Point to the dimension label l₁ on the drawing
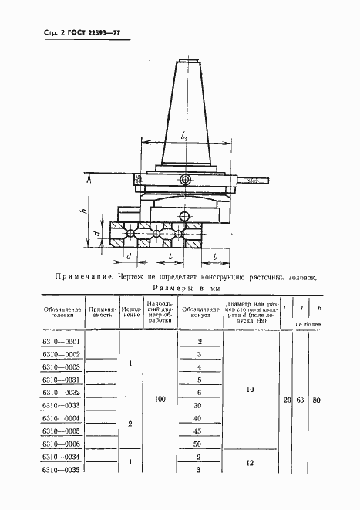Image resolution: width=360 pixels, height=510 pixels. coord(183,137)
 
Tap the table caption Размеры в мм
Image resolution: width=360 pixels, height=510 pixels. coord(180,288)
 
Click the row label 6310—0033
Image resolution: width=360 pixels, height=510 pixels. coord(62,405)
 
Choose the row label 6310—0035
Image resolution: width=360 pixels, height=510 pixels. coord(62,470)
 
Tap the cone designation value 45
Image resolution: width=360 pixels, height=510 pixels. coord(200,431)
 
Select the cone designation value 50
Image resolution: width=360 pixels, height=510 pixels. coord(200,444)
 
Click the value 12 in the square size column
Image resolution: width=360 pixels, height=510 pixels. coord(249,463)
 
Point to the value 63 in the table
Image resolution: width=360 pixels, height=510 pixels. coord(302,400)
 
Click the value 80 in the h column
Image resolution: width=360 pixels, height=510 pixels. coord(320,400)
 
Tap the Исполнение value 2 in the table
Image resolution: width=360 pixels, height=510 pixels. coord(130,424)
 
